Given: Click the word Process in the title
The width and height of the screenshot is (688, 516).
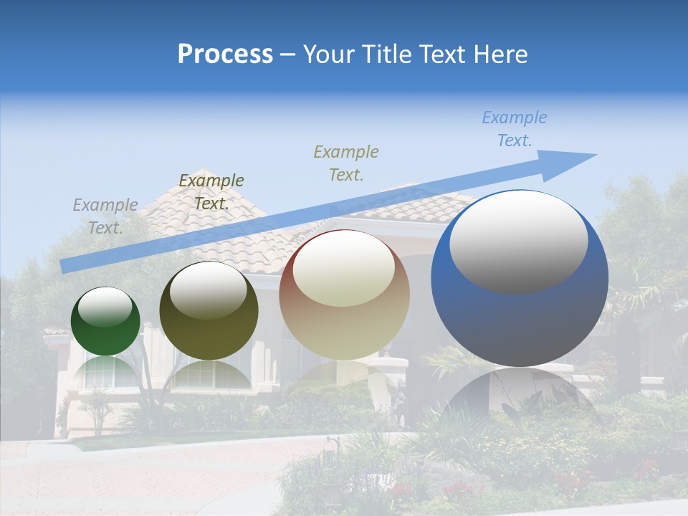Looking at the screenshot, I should click(225, 54).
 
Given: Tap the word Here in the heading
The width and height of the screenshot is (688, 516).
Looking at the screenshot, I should click(500, 54).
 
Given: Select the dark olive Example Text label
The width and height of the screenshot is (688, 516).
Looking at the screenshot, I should click(211, 192).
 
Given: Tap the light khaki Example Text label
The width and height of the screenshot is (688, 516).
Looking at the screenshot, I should click(345, 163).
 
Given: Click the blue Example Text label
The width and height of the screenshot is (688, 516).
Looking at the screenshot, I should click(514, 129).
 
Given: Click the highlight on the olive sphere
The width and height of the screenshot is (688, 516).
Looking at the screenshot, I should click(209, 290).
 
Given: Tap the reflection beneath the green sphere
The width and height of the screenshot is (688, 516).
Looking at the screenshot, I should click(106, 372).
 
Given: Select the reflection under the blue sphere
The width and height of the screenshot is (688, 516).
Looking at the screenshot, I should click(520, 398).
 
